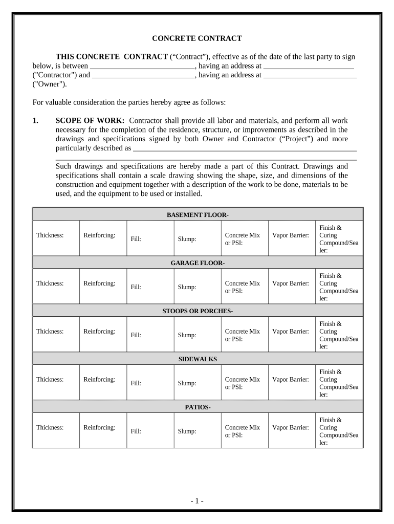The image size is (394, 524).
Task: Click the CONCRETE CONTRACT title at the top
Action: (x=197, y=38)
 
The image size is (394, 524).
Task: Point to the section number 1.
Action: (x=35, y=120)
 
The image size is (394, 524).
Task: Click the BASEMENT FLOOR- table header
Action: (x=198, y=215)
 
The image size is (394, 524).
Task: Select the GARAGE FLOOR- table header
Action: (x=198, y=263)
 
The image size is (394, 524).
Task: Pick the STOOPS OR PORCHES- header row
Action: (x=198, y=311)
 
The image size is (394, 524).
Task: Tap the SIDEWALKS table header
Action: (x=198, y=359)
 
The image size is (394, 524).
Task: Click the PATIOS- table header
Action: (x=198, y=407)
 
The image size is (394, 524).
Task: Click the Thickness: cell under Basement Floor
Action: (x=50, y=235)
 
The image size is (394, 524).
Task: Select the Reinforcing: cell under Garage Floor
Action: (x=99, y=283)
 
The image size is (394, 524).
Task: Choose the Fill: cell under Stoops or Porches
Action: (x=136, y=335)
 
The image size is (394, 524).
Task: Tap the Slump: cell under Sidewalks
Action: (x=187, y=383)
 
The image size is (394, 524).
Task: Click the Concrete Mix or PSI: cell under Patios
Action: (x=243, y=431)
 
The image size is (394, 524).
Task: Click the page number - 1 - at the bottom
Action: (x=197, y=501)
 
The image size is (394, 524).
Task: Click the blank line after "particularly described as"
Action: (x=245, y=149)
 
